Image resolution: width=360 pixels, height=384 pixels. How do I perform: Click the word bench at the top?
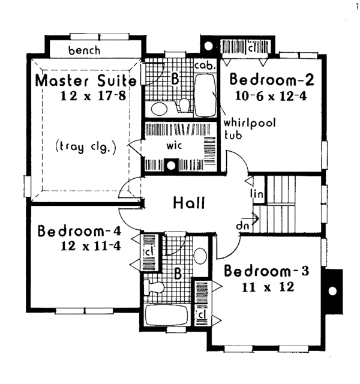coord(84,50)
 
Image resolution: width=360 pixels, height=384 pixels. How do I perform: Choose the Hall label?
coord(188,203)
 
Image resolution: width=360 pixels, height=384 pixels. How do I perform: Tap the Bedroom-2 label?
coord(272,80)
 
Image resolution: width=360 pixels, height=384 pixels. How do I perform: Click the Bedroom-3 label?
coord(266,271)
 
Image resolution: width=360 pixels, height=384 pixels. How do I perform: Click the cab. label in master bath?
coord(202,64)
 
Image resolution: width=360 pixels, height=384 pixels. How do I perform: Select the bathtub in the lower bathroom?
coord(166,315)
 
